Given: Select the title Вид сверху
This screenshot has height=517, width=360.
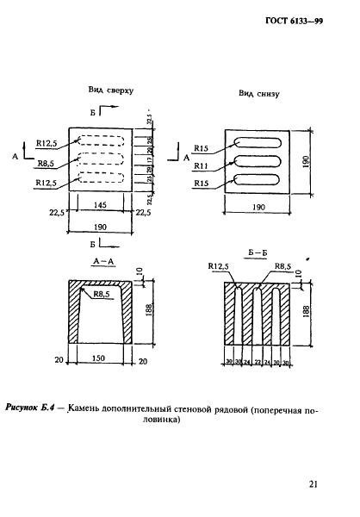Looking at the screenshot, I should click(110, 90).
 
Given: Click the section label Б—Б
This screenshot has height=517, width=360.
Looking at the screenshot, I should click(256, 253).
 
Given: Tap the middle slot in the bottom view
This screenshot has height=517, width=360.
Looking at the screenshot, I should click(256, 161).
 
